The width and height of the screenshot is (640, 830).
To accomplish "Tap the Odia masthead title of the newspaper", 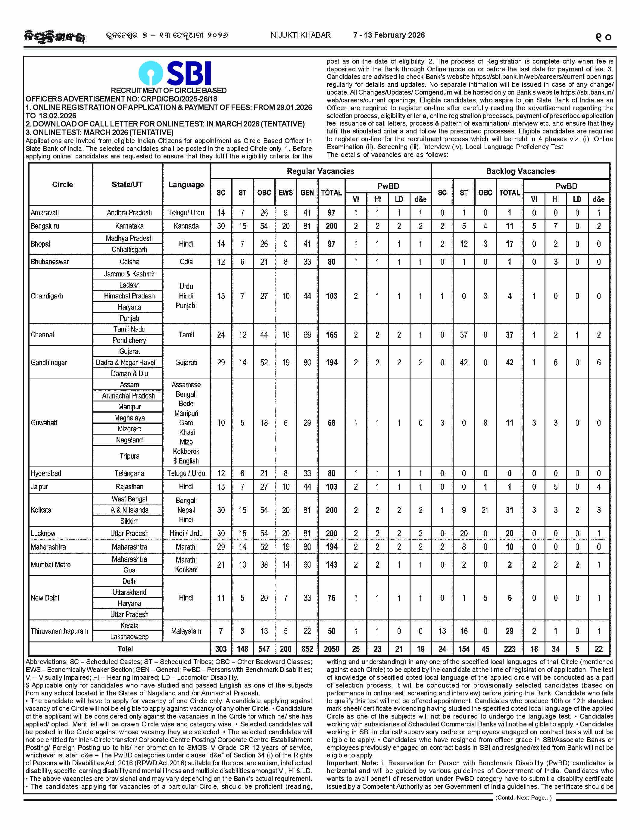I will pyautogui.click(x=54, y=37).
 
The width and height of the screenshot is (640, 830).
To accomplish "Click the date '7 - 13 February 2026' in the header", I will pyautogui.click(x=389, y=35).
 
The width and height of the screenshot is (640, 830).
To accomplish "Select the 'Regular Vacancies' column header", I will pyautogui.click(x=320, y=171).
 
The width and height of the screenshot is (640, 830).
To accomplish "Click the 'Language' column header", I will pyautogui.click(x=186, y=184).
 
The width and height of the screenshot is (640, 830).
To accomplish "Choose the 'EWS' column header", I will pyautogui.click(x=286, y=193).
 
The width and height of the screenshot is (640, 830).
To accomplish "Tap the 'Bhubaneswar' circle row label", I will pyautogui.click(x=50, y=261).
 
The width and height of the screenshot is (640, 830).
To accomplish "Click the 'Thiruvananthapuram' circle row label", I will pyautogui.click(x=59, y=631).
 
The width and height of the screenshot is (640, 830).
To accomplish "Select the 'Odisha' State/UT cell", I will pyautogui.click(x=129, y=261).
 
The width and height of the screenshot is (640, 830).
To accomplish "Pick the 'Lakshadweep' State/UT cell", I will pyautogui.click(x=129, y=637).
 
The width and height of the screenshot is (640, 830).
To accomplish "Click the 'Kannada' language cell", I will pyautogui.click(x=186, y=226).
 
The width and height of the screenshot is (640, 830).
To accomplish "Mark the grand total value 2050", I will pyautogui.click(x=331, y=649).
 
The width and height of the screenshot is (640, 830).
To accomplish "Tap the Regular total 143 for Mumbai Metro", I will pyautogui.click(x=331, y=565).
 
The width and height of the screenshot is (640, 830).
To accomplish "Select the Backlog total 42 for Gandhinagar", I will pyautogui.click(x=509, y=363).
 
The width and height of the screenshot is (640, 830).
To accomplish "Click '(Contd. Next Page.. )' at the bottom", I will pyautogui.click(x=523, y=798).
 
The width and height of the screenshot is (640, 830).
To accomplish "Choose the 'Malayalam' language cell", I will pyautogui.click(x=186, y=631).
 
